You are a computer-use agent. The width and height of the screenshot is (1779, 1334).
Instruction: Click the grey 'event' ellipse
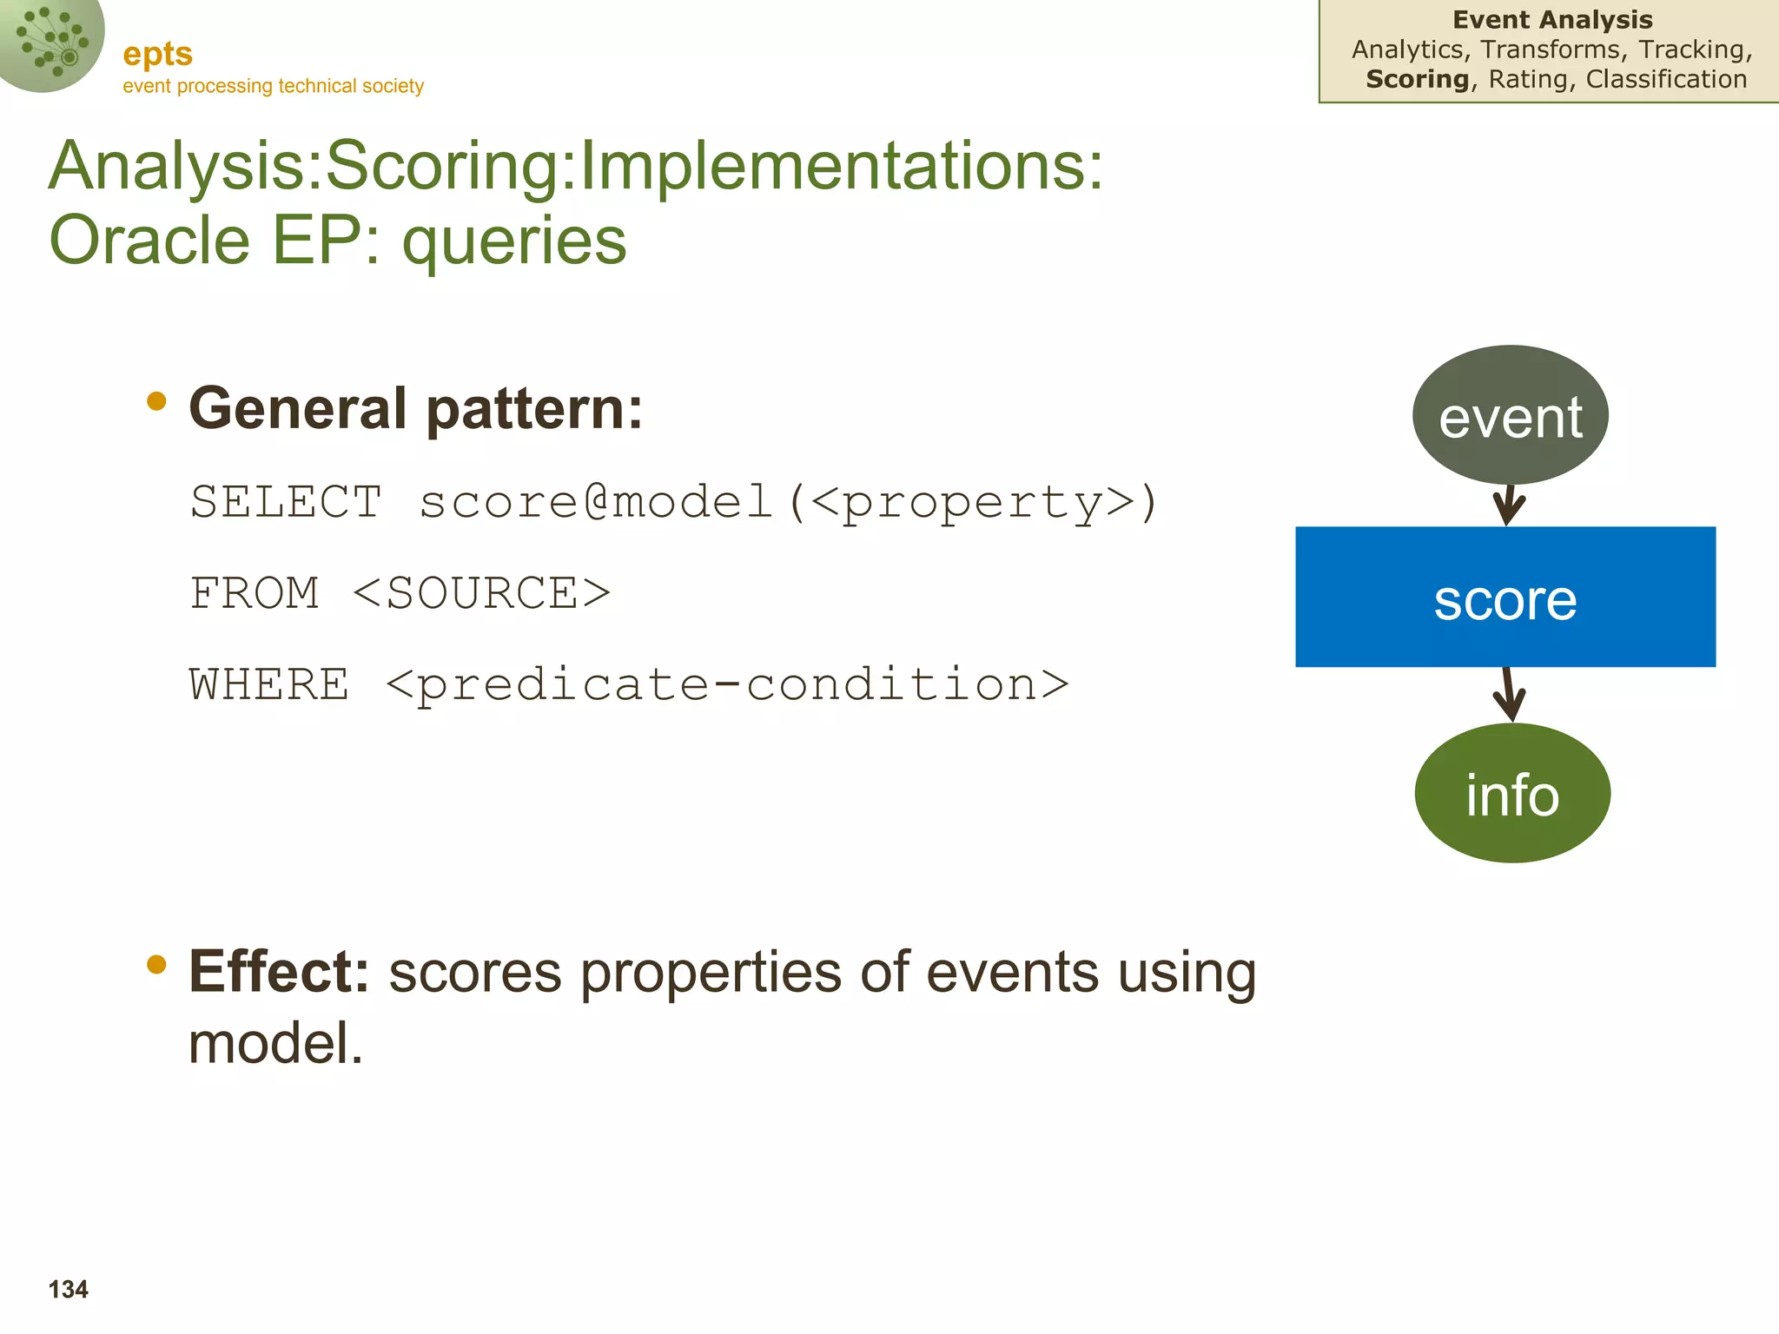[x=1510, y=416]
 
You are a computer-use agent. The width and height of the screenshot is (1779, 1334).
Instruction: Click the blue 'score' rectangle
[x=1505, y=597]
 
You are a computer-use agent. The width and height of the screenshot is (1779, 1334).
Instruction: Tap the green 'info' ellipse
[x=1512, y=793]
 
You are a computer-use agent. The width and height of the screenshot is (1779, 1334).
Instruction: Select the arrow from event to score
[x=1509, y=505]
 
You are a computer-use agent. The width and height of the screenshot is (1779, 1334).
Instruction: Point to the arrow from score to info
[x=1511, y=695]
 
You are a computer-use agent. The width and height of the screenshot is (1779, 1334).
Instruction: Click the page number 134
[x=69, y=1289]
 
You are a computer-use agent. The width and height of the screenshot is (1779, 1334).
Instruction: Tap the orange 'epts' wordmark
[x=157, y=54]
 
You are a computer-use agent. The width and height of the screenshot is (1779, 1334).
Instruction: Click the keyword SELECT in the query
[x=286, y=502]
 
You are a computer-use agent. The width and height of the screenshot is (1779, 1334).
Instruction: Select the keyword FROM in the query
[x=255, y=594]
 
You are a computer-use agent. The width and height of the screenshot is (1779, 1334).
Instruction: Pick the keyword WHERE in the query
[x=269, y=684]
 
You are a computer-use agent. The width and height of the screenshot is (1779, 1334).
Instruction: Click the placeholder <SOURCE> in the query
[x=482, y=594]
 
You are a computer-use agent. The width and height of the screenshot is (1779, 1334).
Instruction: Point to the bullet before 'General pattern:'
[x=156, y=400]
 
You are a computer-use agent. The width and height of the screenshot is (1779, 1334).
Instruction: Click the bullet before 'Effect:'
[x=156, y=963]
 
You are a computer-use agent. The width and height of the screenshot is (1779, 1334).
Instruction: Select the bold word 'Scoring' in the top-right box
[x=1417, y=79]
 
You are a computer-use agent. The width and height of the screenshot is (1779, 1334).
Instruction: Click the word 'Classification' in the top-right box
[x=1666, y=79]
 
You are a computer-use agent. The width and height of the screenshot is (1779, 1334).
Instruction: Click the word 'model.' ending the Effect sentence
[x=275, y=1043]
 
